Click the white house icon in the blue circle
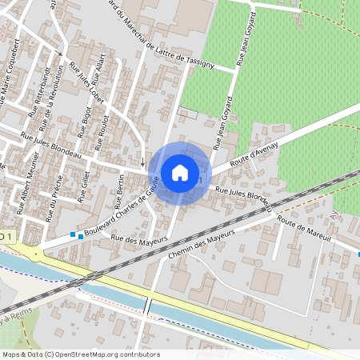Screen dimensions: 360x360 pos(180,172)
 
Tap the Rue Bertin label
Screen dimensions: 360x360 pos(118,191)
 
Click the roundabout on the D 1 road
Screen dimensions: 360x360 pos(36,254)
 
